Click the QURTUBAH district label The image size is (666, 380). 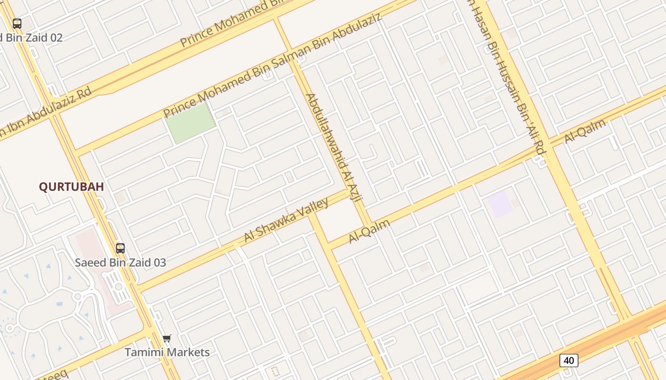click(x=71, y=187)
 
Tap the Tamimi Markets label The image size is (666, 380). click(x=167, y=352)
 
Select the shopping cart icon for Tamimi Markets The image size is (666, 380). click(x=166, y=339)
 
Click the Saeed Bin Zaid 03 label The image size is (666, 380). click(x=120, y=262)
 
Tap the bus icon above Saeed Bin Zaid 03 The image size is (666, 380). click(x=120, y=248)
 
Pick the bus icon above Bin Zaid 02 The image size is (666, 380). click(x=17, y=24)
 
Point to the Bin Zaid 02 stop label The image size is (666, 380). click(x=31, y=38)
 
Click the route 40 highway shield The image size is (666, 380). click(x=568, y=361)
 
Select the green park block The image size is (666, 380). click(x=190, y=123)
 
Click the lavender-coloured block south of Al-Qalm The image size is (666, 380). click(x=500, y=205)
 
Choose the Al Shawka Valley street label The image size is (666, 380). click(x=286, y=220)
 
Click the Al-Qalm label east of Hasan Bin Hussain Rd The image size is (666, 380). click(x=585, y=132)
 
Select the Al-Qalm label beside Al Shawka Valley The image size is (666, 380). click(x=369, y=231)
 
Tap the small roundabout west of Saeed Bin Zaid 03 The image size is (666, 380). click(x=77, y=296)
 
